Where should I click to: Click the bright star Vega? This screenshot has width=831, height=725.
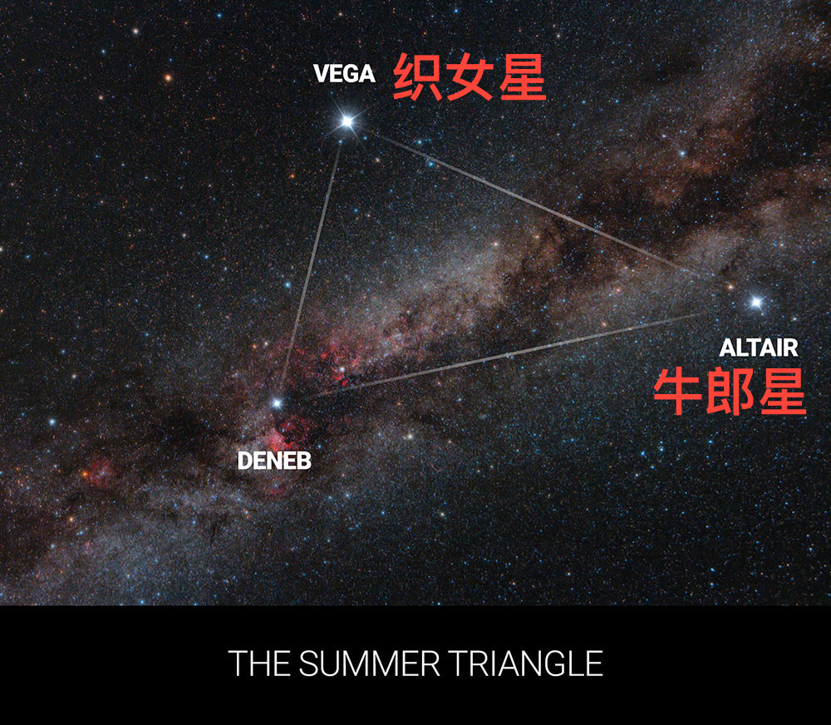(x=347, y=122)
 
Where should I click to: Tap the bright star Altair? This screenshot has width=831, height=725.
(x=756, y=303)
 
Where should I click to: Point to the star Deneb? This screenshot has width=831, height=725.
(x=276, y=403)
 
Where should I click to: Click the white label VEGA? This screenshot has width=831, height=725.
(x=345, y=74)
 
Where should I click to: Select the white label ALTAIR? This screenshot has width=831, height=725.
(x=759, y=348)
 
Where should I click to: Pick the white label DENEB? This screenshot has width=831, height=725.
(x=274, y=461)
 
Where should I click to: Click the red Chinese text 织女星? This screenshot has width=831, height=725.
(x=470, y=76)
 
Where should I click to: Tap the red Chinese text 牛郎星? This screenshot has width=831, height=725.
(x=730, y=392)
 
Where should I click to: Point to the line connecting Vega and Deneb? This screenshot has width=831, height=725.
(x=312, y=263)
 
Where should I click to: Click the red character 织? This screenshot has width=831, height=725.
(x=417, y=76)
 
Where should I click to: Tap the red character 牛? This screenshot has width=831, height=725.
(x=678, y=392)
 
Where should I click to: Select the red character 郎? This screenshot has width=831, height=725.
(x=730, y=392)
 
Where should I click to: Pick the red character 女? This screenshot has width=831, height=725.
(x=470, y=76)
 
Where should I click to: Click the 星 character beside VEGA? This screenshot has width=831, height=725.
(x=523, y=76)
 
